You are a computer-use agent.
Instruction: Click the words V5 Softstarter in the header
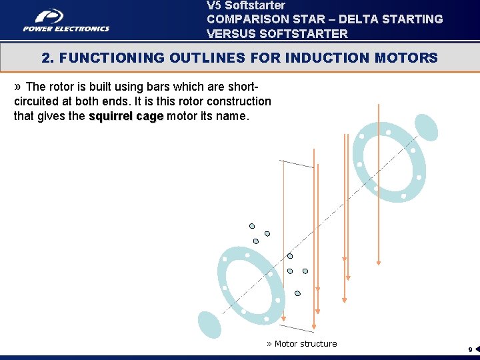(246, 5)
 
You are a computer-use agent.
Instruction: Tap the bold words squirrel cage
(126, 116)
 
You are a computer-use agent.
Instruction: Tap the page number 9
(469, 350)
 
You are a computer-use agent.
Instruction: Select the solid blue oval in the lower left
(209, 325)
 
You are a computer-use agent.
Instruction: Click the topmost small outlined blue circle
(252, 226)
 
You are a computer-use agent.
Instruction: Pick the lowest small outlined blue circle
(297, 293)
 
